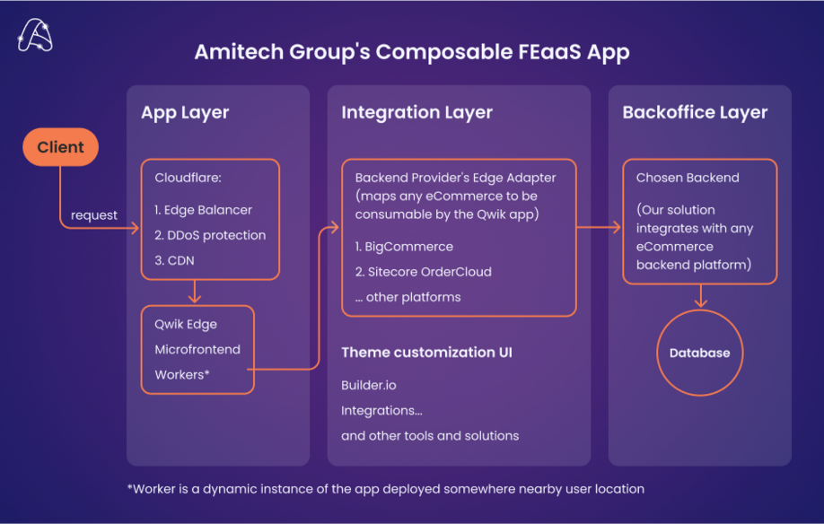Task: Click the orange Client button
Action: pyautogui.click(x=60, y=148)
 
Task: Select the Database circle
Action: pyautogui.click(x=699, y=353)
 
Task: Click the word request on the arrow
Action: pyautogui.click(x=94, y=215)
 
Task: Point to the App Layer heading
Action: pyautogui.click(x=185, y=113)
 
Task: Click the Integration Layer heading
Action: pyautogui.click(x=416, y=113)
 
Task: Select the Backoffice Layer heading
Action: pyautogui.click(x=695, y=113)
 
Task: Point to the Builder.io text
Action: pyautogui.click(x=368, y=385)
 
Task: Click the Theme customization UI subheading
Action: pyautogui.click(x=426, y=353)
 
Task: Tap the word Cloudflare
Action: pyautogui.click(x=188, y=178)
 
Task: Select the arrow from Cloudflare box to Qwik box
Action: pyautogui.click(x=195, y=293)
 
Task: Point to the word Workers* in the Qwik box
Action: pyautogui.click(x=182, y=374)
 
